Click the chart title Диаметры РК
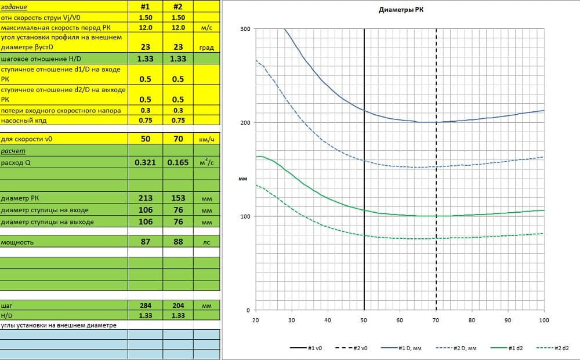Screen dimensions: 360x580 click(397, 11)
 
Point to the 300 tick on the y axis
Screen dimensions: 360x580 click(245, 29)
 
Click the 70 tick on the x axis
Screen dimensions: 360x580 click(436, 320)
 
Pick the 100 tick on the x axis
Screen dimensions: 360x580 click(543, 320)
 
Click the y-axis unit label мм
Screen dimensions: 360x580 click(243, 179)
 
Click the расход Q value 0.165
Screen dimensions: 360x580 click(178, 163)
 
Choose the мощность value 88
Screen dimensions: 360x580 click(178, 242)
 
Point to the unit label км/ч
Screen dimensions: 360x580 click(207, 140)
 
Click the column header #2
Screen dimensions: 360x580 click(178, 8)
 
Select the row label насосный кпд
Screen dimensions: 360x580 click(24, 121)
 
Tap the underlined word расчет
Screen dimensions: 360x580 click(13, 151)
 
